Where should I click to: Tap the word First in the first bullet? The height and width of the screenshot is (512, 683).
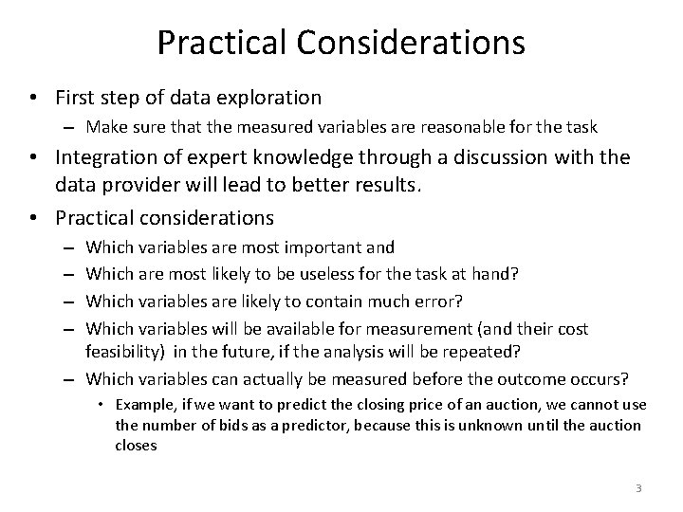77,98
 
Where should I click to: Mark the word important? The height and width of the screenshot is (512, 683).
330,247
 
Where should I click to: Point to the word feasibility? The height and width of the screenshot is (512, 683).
123,354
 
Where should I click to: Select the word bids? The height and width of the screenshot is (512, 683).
214,425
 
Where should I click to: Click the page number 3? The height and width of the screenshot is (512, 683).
638,488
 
